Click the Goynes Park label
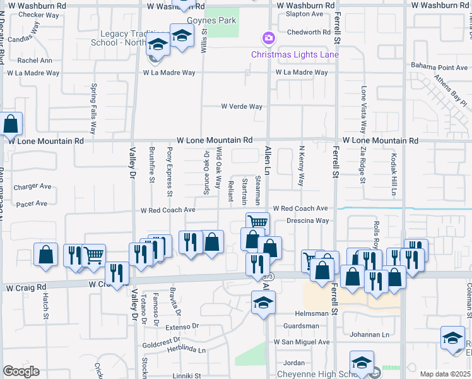click(x=218, y=20)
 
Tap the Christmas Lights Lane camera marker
click(x=268, y=38)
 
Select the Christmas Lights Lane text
click(x=295, y=54)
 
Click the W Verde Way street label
click(x=242, y=107)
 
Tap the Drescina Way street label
click(x=307, y=220)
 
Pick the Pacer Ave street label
click(x=32, y=203)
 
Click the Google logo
click(x=21, y=371)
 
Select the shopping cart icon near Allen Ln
click(x=257, y=222)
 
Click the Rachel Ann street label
click(x=35, y=61)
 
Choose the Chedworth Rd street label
click(x=309, y=32)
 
